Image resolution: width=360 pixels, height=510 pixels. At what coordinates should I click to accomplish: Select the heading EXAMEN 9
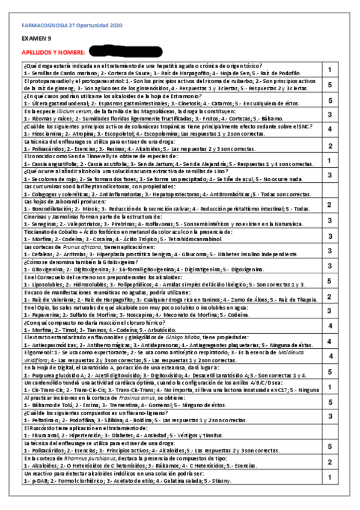pos(34,39)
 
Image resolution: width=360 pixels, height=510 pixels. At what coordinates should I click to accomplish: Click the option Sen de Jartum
pos(156,163)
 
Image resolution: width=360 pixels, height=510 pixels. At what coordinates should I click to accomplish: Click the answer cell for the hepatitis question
pos(330,69)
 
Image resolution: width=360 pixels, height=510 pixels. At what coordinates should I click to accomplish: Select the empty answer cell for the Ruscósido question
pos(330,431)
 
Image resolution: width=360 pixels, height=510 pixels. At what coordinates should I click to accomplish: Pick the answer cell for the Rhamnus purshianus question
pos(330,462)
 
